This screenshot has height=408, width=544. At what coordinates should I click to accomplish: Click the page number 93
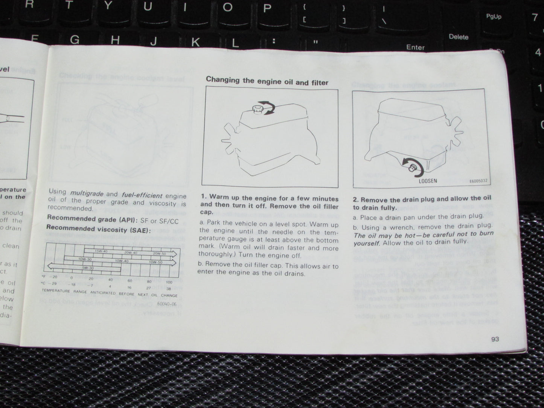click(x=495, y=339)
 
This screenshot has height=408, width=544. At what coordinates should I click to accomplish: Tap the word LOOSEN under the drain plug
click(x=428, y=181)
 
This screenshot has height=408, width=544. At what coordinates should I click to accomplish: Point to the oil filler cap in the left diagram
click(x=258, y=110)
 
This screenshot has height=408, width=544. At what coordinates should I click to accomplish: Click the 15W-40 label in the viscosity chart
click(x=101, y=251)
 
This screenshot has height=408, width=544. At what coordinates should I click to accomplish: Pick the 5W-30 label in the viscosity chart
click(x=88, y=268)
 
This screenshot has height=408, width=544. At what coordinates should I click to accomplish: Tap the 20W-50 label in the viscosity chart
click(x=159, y=253)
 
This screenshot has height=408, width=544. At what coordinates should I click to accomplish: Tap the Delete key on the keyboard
click(x=458, y=37)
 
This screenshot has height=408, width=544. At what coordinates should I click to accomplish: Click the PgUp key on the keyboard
click(x=493, y=17)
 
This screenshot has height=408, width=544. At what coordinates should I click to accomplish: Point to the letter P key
click(x=267, y=8)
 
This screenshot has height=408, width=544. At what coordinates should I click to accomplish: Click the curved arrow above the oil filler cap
click(x=268, y=107)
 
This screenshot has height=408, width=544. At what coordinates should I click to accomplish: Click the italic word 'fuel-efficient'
click(x=142, y=195)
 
